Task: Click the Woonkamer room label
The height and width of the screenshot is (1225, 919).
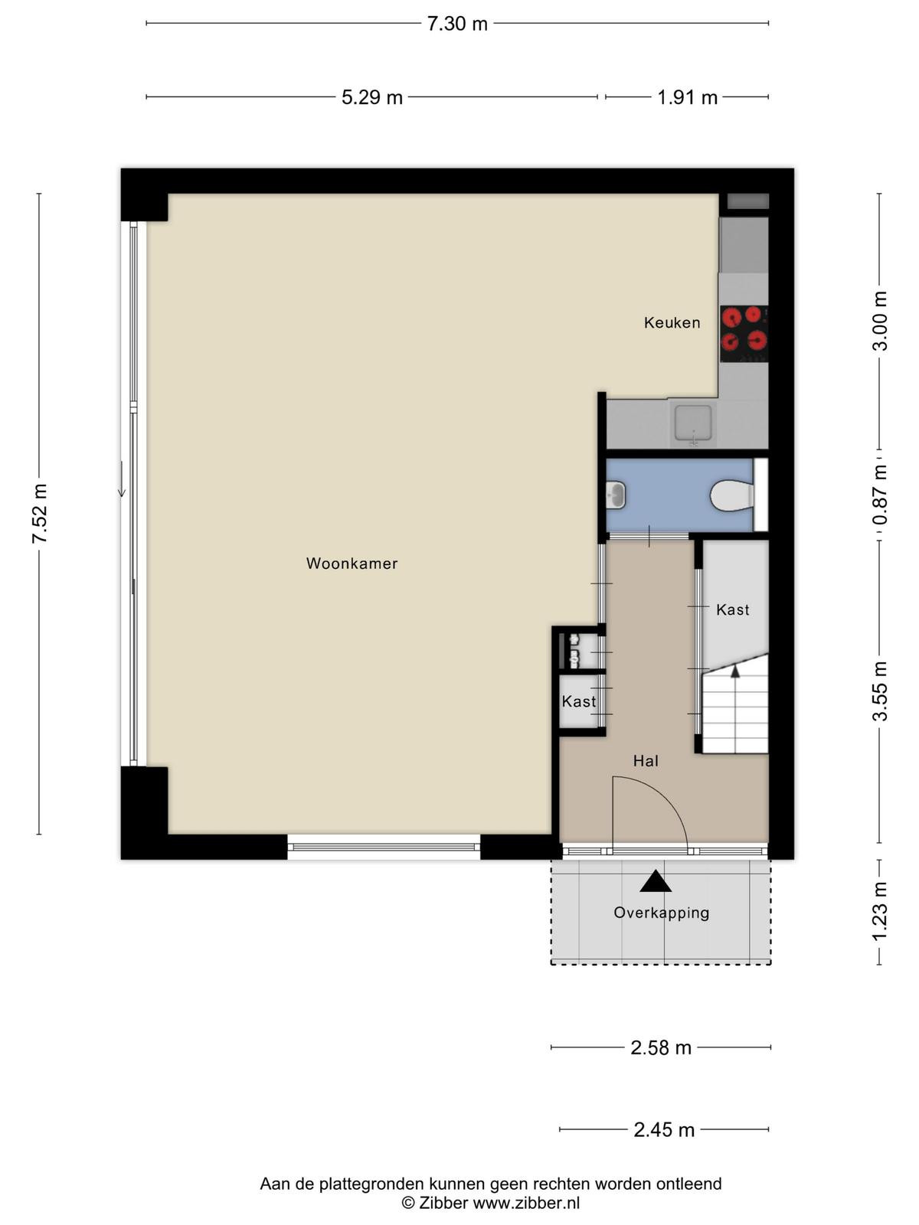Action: pyautogui.click(x=352, y=563)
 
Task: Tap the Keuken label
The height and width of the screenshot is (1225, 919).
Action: pyautogui.click(x=672, y=322)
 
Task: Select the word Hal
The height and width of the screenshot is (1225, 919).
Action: pyautogui.click(x=646, y=761)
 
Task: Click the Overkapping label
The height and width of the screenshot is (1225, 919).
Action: pyautogui.click(x=661, y=913)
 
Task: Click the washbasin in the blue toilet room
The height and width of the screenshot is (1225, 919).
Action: pyautogui.click(x=616, y=495)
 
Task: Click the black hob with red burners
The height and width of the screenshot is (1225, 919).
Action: pyautogui.click(x=744, y=333)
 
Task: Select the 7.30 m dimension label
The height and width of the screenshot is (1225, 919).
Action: pyautogui.click(x=457, y=24)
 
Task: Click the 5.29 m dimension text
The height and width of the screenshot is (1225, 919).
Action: pyautogui.click(x=372, y=98)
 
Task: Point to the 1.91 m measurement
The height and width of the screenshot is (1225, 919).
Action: pyautogui.click(x=687, y=98)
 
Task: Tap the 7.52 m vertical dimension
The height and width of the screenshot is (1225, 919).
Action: pyautogui.click(x=40, y=514)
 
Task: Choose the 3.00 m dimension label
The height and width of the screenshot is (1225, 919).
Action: pyautogui.click(x=880, y=321)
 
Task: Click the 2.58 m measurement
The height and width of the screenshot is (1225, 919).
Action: pyautogui.click(x=661, y=1047)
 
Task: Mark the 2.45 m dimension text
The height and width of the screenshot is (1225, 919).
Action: pyautogui.click(x=664, y=1130)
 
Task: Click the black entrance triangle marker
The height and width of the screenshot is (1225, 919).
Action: pyautogui.click(x=655, y=881)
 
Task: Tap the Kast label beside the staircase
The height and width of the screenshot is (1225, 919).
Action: pyautogui.click(x=733, y=609)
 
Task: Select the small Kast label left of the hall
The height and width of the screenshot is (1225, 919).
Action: pyautogui.click(x=579, y=701)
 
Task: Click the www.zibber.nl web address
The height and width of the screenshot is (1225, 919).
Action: pyautogui.click(x=526, y=1203)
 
